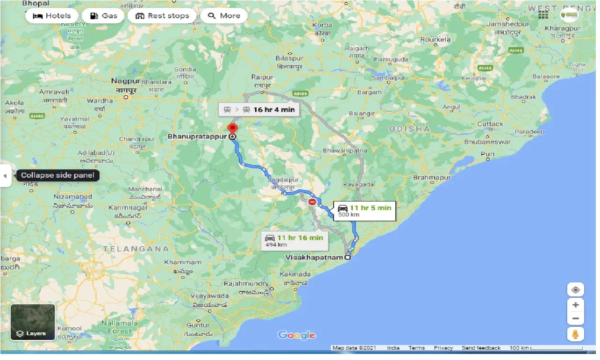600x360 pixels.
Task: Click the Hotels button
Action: pos(51,15)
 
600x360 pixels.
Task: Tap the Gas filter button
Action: pos(103,15)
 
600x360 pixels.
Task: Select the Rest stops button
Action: pos(162,15)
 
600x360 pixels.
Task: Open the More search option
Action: pos(224,15)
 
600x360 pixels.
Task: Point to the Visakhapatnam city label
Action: pos(314,257)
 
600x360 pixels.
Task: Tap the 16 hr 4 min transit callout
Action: pos(259,110)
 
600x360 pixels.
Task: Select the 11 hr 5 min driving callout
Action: pos(364,211)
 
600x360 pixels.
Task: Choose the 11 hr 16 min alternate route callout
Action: pos(294,241)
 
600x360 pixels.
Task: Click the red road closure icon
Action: pos(312,202)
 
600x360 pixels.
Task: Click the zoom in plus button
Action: pos(575,305)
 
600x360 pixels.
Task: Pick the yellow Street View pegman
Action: pos(575,334)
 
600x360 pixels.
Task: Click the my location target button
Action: pos(575,290)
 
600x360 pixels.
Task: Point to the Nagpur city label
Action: pos(122,81)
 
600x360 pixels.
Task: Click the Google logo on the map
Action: pos(297,335)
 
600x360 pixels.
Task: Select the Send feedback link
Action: pos(481,348)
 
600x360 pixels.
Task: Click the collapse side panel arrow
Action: pos(5,176)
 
